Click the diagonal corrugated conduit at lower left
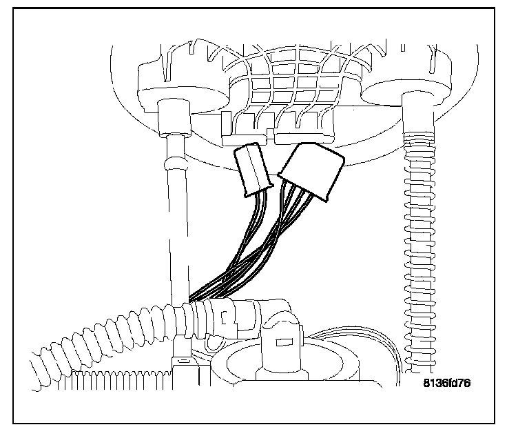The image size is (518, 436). (x=103, y=338)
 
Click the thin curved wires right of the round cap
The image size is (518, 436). (x=382, y=352)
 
